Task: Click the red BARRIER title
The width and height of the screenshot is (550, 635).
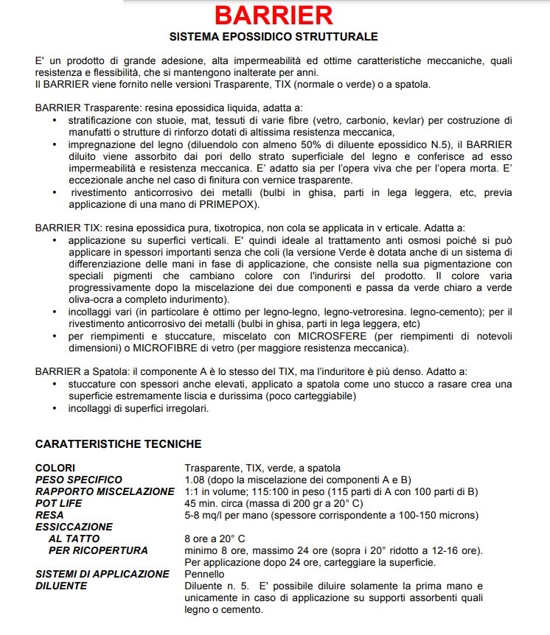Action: click(274, 15)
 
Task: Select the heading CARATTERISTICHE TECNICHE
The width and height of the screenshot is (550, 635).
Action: click(118, 444)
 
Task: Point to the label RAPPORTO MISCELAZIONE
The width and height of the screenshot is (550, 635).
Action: click(105, 491)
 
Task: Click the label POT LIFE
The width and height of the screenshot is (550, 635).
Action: click(59, 503)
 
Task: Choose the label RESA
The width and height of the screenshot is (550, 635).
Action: click(49, 515)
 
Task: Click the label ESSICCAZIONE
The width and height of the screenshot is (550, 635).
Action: click(74, 527)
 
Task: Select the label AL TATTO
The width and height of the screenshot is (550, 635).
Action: click(74, 538)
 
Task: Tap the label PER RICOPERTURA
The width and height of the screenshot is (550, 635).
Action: click(98, 550)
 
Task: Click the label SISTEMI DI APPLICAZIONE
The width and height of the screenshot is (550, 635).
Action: click(102, 574)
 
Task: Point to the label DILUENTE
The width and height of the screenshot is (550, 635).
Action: click(61, 586)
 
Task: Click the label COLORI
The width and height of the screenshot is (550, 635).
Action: click(55, 468)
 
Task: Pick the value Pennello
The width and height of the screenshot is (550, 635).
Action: click(204, 574)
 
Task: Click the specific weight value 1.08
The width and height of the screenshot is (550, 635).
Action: click(195, 480)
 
